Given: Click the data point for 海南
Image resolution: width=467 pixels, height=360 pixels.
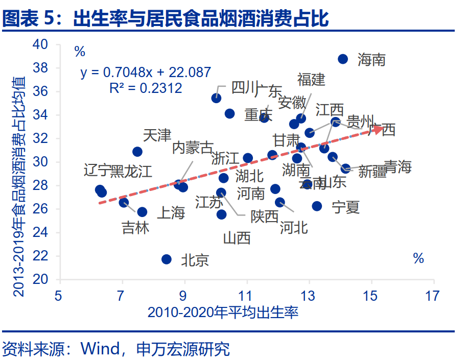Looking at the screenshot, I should coord(343,59).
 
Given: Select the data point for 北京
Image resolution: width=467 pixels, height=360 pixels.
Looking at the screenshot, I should coord(166,259).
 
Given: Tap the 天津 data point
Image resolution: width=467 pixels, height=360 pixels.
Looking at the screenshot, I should coord(137,152).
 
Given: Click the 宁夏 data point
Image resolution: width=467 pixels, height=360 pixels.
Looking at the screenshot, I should coord(317,206).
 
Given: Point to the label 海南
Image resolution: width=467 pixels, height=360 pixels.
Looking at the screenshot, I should coord(371,60).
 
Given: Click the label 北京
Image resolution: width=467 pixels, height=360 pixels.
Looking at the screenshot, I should coord(195,260).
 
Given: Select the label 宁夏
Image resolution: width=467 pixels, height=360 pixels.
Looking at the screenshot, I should coord(346,207).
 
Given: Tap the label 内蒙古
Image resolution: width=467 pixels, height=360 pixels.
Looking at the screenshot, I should coord(193,148).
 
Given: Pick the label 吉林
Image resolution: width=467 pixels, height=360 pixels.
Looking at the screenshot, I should coord(136,228).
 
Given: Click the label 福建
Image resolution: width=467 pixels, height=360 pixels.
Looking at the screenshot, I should coord(311,79).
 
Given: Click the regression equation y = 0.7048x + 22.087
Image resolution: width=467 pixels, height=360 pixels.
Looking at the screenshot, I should coord(146,73).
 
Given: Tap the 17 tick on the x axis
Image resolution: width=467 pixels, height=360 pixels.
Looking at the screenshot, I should coord(433,295).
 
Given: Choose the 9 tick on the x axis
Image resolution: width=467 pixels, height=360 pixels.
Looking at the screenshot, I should coord(184,295).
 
